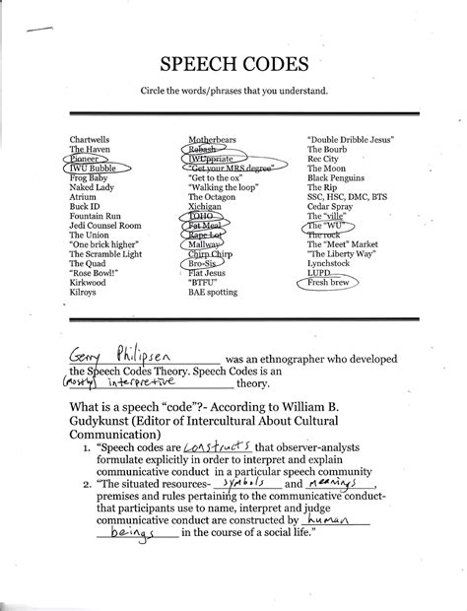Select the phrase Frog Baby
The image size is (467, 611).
tap(88, 177)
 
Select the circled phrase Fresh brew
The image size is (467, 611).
tap(330, 283)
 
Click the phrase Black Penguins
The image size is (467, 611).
tap(339, 177)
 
